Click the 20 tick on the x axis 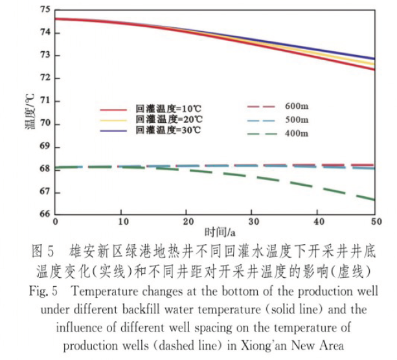[x=186, y=221]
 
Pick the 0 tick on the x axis [x=56, y=221]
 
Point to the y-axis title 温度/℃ [x=30, y=111]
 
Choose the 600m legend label [x=297, y=106]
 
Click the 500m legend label [x=297, y=120]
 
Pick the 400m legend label [x=297, y=134]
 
